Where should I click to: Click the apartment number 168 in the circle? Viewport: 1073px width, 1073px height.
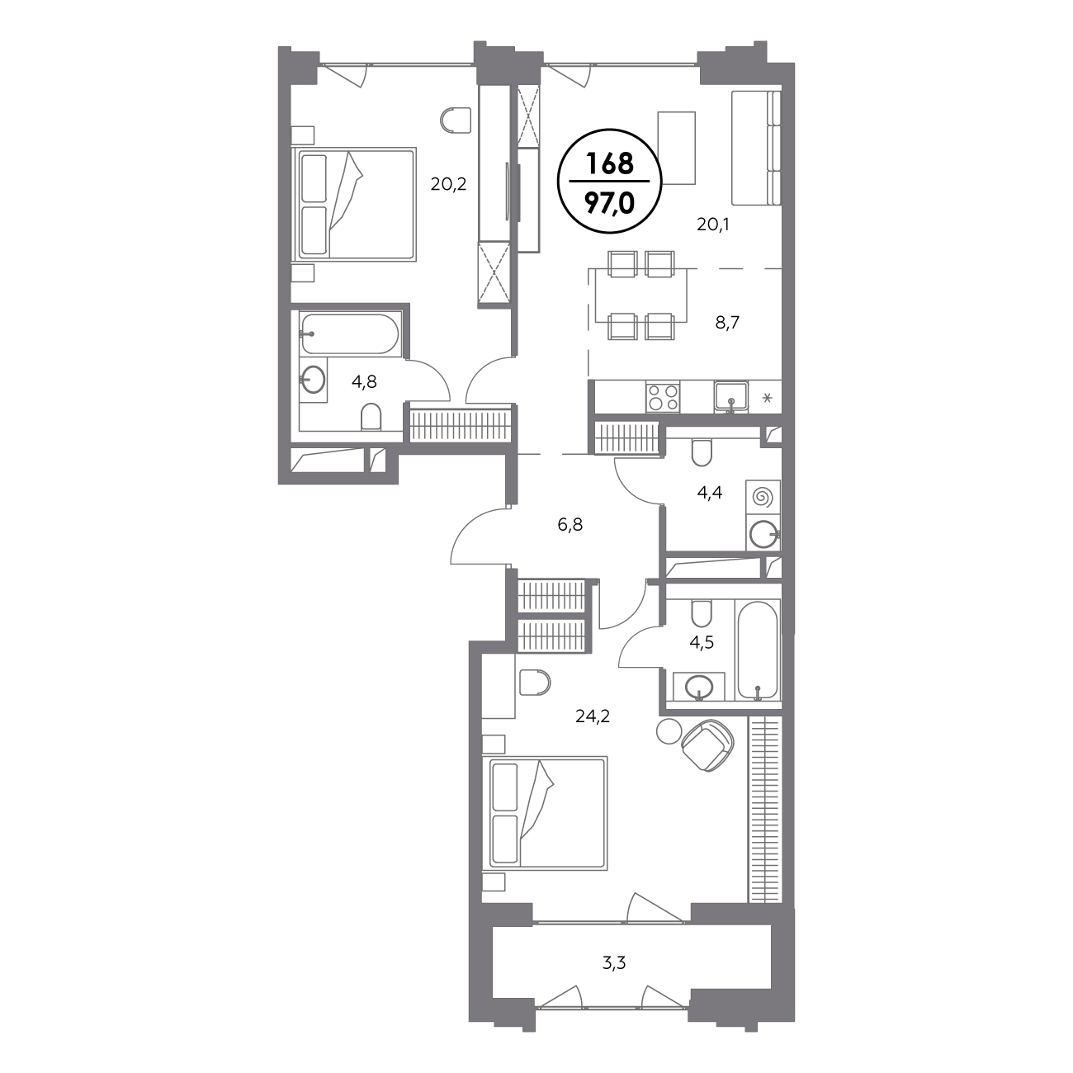pyautogui.click(x=610, y=163)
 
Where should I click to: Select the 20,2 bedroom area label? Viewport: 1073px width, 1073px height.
pyautogui.click(x=448, y=184)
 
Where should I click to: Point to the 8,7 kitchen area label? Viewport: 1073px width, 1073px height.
pyautogui.click(x=727, y=323)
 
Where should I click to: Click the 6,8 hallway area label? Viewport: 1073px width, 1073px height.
pyautogui.click(x=570, y=524)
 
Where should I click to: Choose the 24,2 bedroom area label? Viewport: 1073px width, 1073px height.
pyautogui.click(x=593, y=716)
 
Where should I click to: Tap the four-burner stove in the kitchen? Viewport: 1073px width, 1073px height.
pyautogui.click(x=663, y=398)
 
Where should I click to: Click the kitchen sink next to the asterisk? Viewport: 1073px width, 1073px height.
pyautogui.click(x=731, y=398)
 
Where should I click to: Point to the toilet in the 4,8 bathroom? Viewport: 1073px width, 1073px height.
pyautogui.click(x=371, y=417)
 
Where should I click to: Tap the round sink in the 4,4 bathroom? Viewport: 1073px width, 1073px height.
pyautogui.click(x=763, y=535)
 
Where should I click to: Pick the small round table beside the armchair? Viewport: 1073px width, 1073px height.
pyautogui.click(x=669, y=731)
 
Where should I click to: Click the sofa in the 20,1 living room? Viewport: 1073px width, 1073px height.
pyautogui.click(x=756, y=148)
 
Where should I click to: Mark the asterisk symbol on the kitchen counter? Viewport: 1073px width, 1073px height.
pyautogui.click(x=767, y=398)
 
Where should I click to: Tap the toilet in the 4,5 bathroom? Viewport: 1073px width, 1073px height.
pyautogui.click(x=701, y=613)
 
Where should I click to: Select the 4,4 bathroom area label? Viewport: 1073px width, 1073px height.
pyautogui.click(x=709, y=492)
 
